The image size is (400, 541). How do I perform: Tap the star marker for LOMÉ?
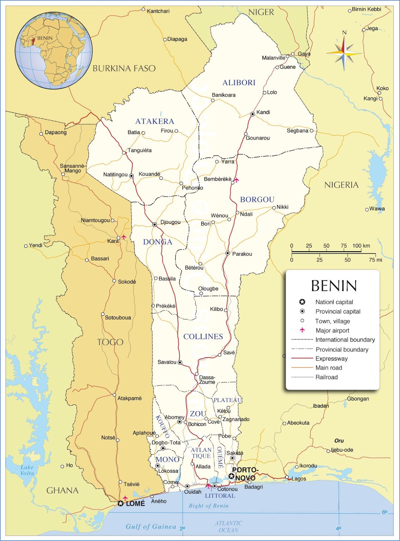[120, 503]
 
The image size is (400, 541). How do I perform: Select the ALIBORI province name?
[239, 83]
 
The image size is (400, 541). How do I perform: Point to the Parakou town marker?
[228, 253]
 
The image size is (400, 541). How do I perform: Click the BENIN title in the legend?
[334, 286]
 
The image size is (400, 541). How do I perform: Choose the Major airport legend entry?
[332, 330]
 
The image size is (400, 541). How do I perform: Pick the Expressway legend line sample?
[302, 358]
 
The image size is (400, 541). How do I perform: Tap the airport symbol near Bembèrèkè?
[237, 180]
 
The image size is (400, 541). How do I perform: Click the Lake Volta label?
[27, 470]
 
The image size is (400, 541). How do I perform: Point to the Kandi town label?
[263, 112]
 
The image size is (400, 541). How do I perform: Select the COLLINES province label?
[203, 336]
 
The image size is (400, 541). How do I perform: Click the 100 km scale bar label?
[361, 246]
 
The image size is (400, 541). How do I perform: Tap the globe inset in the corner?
[53, 51]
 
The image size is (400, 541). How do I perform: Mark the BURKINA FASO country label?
[124, 68]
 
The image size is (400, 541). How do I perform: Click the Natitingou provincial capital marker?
[131, 175]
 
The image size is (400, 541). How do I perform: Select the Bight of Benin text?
[208, 506]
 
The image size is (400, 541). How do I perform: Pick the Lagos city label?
[298, 478]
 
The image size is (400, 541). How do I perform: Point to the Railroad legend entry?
[326, 377]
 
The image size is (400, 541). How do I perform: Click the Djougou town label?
[170, 222]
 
